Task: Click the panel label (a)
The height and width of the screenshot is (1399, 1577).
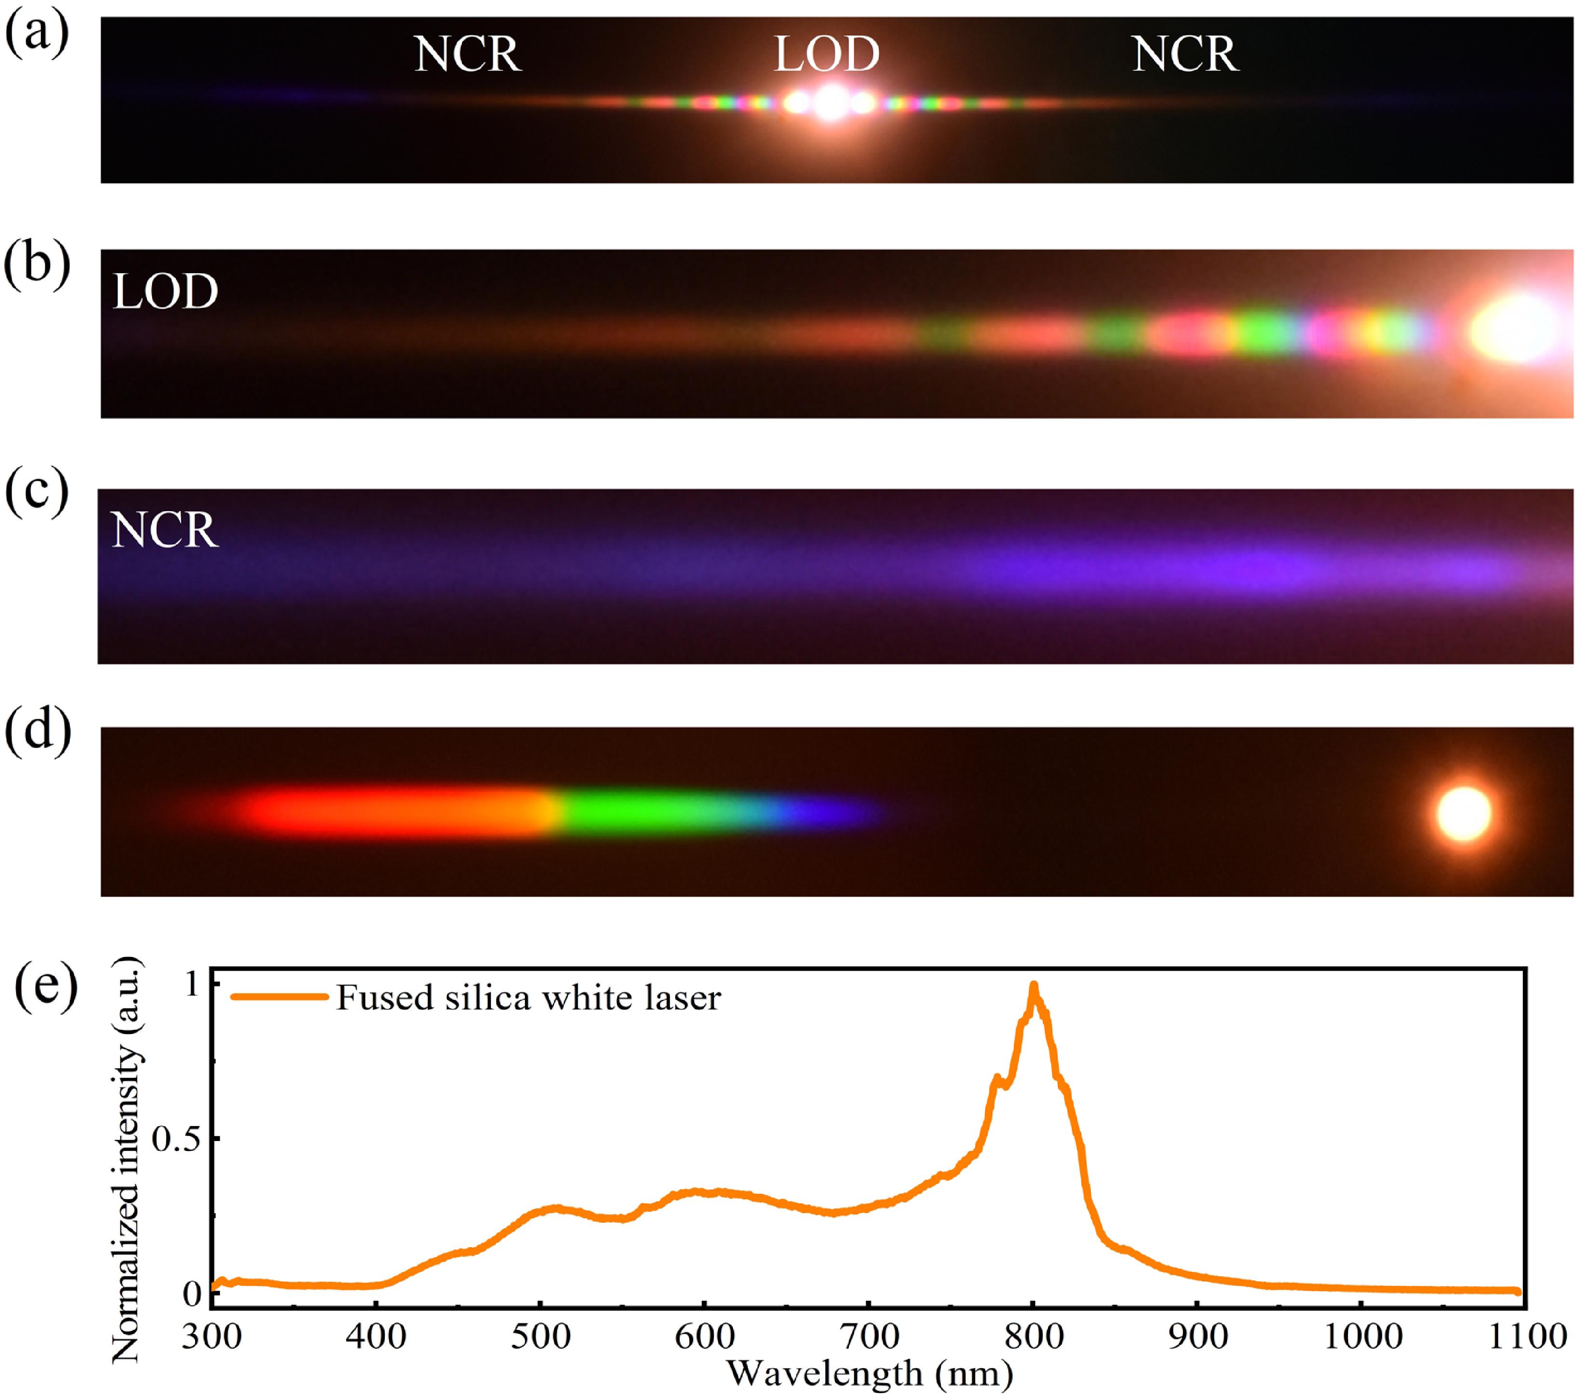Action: coord(37,35)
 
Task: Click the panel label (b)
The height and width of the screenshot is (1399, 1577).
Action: coord(37,265)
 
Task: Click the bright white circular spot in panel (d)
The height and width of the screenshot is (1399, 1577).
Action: coord(1464,813)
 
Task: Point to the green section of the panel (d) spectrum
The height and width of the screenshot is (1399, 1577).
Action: coord(632,812)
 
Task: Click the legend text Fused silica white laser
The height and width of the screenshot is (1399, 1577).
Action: coord(529,998)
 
